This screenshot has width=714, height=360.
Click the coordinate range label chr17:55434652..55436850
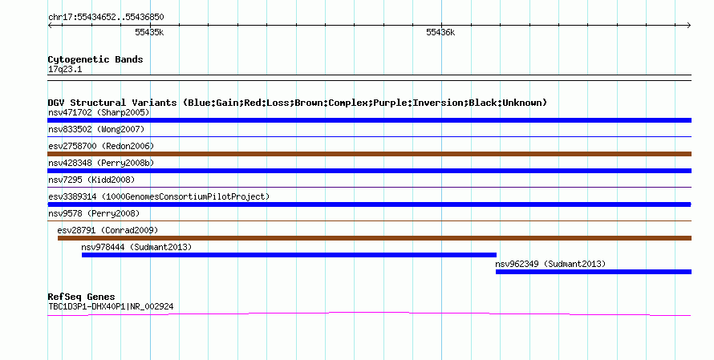pos(106,17)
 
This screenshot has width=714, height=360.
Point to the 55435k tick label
pos(149,32)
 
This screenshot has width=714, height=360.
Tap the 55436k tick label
pos(440,32)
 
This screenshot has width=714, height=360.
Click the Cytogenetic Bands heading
pos(95,59)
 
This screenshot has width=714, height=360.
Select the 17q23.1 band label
pos(65,69)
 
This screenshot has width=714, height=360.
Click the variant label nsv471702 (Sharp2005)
pos(99,112)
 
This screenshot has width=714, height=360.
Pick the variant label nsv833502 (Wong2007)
pos(96,129)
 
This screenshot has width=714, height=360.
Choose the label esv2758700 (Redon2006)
pos(101,146)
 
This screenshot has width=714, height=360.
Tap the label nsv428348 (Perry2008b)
pos(101,163)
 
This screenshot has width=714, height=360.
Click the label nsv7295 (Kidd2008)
pos(91,180)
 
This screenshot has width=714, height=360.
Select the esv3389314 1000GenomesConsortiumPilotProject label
pos(159,196)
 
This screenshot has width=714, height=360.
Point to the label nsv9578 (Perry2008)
pos(94,213)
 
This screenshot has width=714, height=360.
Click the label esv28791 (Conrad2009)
pos(108,230)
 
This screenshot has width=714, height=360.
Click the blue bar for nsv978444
pos(289,255)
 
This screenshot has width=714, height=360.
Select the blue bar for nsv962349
pos(594,272)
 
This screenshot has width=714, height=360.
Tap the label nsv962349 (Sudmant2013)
pos(550,264)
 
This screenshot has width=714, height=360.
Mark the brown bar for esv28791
pos(375,238)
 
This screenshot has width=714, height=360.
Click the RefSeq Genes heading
pos(82,297)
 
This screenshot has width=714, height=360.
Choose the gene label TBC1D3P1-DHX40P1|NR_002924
pos(111,307)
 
